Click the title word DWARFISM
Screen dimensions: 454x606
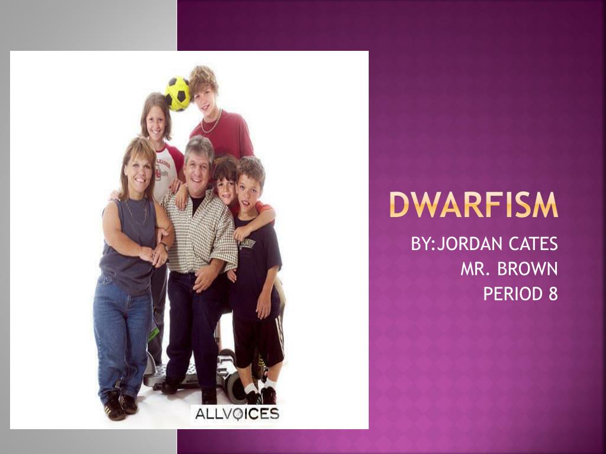coord(473,206)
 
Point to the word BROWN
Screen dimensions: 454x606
coord(527,269)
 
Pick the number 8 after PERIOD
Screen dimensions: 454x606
coord(553,294)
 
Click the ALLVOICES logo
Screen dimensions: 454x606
coord(237,413)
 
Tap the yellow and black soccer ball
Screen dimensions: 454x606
coord(178,93)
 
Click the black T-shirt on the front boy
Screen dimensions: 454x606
coord(256,260)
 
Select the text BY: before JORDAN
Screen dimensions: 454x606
coord(423,244)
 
